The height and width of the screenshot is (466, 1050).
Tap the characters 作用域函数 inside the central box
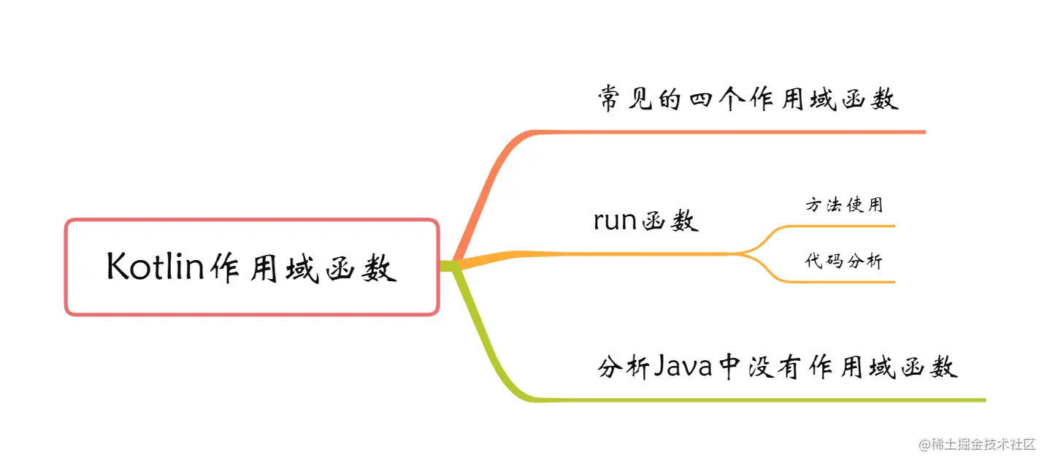pos(302,268)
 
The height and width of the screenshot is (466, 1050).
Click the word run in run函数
pos(616,220)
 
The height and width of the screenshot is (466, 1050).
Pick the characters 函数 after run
pos(669,221)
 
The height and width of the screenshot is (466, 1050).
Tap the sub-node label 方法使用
pos(844,205)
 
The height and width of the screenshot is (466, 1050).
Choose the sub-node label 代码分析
pos(844,261)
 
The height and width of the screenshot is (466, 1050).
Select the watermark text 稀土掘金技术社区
pos(981,444)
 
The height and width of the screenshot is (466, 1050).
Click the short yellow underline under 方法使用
pos(854,226)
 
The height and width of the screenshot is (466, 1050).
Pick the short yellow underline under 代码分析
pos(854,282)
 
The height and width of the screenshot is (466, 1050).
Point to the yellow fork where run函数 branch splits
pos(745,253)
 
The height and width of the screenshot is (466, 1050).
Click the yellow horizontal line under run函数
pos(643,253)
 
